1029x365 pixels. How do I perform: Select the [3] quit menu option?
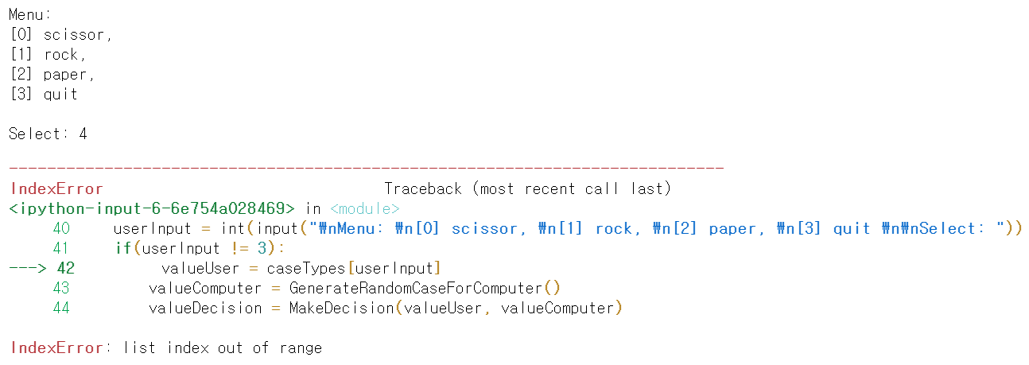click(x=44, y=94)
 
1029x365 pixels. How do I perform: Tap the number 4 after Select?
click(x=83, y=134)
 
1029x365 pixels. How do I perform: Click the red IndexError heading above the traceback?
click(x=56, y=188)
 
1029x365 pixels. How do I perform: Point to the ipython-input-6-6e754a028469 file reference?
click(x=152, y=209)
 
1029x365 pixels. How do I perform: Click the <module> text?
click(x=365, y=209)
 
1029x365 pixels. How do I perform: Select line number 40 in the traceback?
click(x=61, y=228)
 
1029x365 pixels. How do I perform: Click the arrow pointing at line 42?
click(x=28, y=268)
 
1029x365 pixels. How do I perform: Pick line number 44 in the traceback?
click(x=61, y=308)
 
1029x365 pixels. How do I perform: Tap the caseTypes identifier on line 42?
click(x=306, y=268)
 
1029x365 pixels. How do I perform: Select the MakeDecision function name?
click(x=342, y=308)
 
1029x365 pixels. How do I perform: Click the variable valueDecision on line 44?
click(x=205, y=308)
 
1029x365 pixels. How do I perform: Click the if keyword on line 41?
click(x=123, y=248)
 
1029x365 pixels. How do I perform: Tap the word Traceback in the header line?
click(x=423, y=188)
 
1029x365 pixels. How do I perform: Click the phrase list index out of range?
click(x=223, y=348)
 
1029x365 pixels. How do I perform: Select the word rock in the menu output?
click(x=61, y=55)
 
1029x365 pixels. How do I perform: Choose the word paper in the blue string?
click(x=732, y=229)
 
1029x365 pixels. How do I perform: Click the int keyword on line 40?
click(x=233, y=228)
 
